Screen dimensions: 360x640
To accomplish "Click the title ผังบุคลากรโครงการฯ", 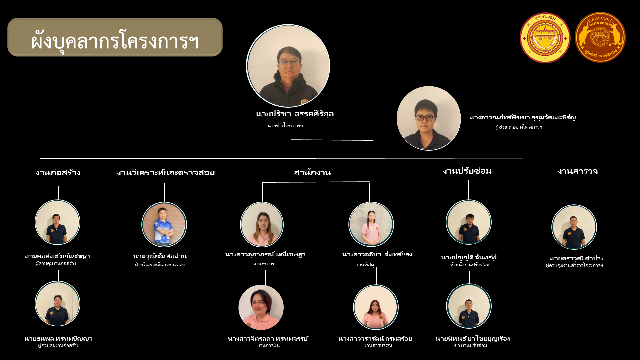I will pyautogui.click(x=115, y=41).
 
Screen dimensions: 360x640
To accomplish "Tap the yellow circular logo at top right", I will pyautogui.click(x=545, y=38).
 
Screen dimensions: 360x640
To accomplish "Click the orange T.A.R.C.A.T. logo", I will pyautogui.click(x=600, y=37).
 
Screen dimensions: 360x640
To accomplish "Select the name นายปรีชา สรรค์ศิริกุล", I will pyautogui.click(x=295, y=114).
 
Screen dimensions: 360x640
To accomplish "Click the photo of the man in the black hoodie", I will pyautogui.click(x=288, y=66).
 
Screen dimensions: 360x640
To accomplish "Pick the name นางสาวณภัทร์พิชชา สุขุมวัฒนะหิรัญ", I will pyautogui.click(x=522, y=117).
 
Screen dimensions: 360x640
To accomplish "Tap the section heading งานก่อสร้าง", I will pyautogui.click(x=58, y=173).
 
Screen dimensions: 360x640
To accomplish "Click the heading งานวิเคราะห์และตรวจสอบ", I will pyautogui.click(x=166, y=173).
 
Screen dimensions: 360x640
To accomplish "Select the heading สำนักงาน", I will pyautogui.click(x=312, y=173).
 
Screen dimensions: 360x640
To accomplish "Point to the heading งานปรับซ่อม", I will pyautogui.click(x=467, y=171).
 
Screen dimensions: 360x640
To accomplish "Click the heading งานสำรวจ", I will pyautogui.click(x=578, y=171).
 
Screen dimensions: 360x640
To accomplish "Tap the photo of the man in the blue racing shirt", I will pyautogui.click(x=164, y=224).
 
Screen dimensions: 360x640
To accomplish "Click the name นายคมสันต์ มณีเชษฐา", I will pyautogui.click(x=57, y=256).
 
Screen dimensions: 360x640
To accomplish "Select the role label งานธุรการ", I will pyautogui.click(x=264, y=264).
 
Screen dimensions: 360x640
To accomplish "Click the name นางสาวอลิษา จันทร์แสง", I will pyautogui.click(x=377, y=254).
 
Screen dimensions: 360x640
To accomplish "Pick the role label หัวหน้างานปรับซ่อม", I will pyautogui.click(x=469, y=265).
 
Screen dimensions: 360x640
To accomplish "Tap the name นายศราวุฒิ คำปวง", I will pyautogui.click(x=576, y=258).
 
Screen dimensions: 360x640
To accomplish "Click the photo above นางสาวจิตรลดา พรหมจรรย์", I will pyautogui.click(x=261, y=307).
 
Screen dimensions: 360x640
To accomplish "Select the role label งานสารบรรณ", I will pyautogui.click(x=378, y=345).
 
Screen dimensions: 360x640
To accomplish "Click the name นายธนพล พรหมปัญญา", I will pyautogui.click(x=58, y=339).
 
